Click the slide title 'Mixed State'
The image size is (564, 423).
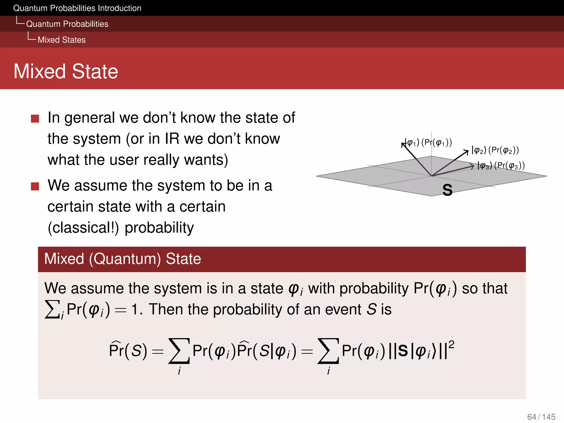(x=66, y=71)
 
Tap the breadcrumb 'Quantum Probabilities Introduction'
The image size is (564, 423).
(x=77, y=8)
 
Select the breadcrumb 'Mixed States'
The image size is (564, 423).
(x=61, y=40)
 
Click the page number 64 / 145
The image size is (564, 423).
(x=541, y=417)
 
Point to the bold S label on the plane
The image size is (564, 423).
(x=447, y=190)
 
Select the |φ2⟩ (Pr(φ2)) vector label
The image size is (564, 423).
(x=495, y=150)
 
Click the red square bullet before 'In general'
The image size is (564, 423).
(x=35, y=119)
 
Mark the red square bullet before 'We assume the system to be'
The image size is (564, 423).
(x=35, y=186)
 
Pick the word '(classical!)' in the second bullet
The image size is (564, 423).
(x=83, y=228)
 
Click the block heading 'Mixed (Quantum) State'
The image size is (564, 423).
(x=123, y=259)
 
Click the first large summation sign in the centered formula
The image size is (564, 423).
(x=179, y=351)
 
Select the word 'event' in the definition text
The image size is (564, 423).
(x=343, y=309)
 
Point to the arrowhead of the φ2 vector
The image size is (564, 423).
(x=467, y=151)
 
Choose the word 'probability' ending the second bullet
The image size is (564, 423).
(x=159, y=228)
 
